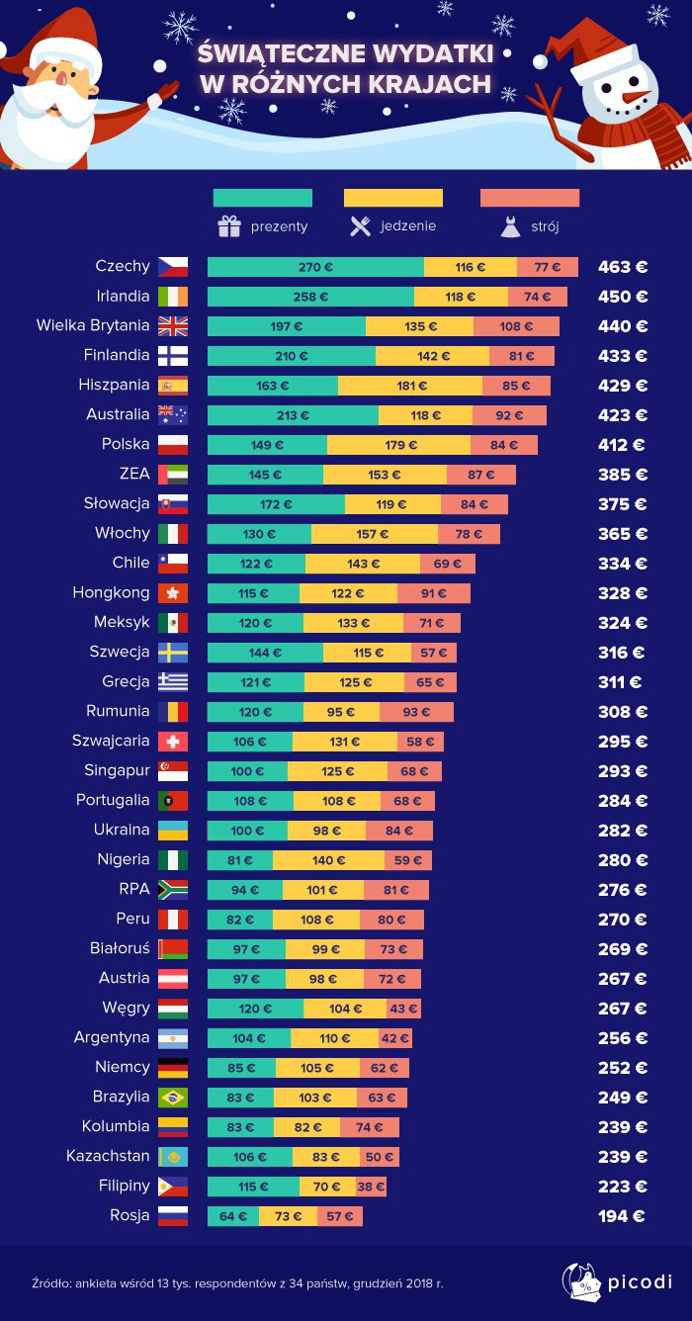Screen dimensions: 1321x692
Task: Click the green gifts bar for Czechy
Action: (x=315, y=267)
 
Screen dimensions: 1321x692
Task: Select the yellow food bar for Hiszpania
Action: (x=410, y=386)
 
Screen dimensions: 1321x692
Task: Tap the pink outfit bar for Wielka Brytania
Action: (x=516, y=326)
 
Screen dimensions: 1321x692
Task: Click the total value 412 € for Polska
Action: (x=622, y=445)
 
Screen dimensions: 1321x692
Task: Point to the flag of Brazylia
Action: (x=172, y=1098)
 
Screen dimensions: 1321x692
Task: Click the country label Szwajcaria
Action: (x=111, y=741)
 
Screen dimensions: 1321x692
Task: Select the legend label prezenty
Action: (x=279, y=226)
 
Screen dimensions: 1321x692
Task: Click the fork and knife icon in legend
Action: (x=359, y=226)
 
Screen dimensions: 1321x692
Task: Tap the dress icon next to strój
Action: (x=510, y=226)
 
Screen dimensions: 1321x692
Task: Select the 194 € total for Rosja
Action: (x=622, y=1216)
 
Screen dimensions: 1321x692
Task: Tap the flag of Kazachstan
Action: (x=172, y=1157)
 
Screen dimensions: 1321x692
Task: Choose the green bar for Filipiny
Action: (x=253, y=1187)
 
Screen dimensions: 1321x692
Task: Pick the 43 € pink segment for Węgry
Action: (x=403, y=1009)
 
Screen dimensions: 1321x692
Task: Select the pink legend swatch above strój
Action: (x=529, y=198)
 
